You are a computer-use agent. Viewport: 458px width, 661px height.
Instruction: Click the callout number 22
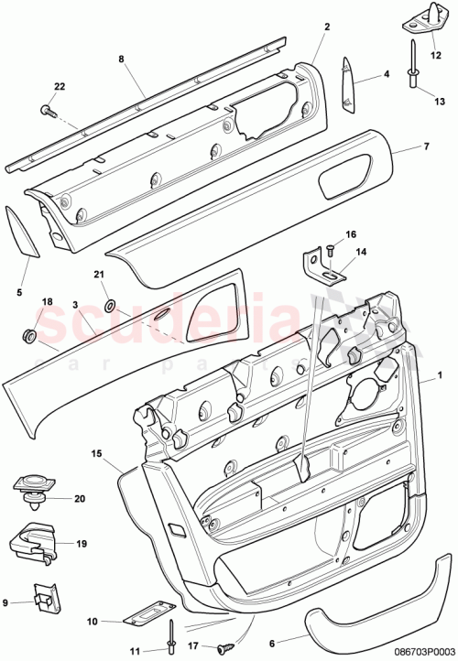pyautogui.click(x=60, y=87)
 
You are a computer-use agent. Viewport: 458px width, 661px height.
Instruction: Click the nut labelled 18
pyautogui.click(x=27, y=336)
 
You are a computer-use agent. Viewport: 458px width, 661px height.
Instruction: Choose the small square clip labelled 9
pyautogui.click(x=40, y=600)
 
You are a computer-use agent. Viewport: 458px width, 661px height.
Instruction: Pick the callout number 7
pyautogui.click(x=424, y=146)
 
